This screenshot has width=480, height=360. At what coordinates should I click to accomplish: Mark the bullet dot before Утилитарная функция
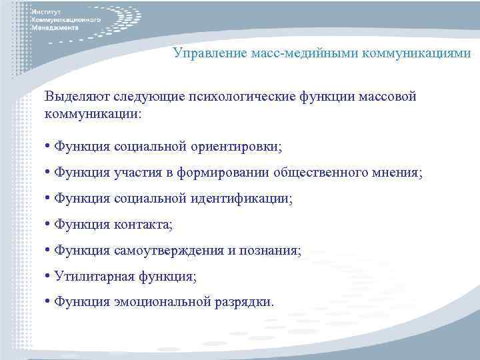tap(48, 276)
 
